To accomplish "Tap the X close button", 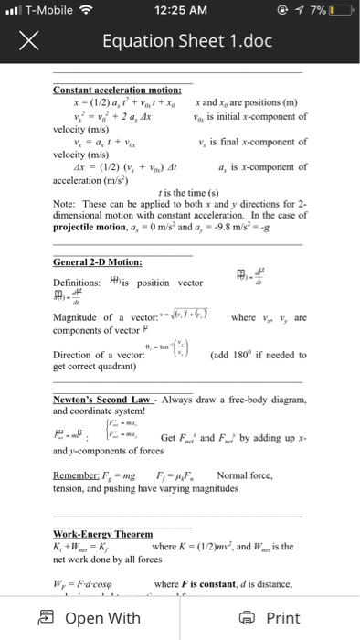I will (26, 41).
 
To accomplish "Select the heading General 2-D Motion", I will (97, 262).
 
